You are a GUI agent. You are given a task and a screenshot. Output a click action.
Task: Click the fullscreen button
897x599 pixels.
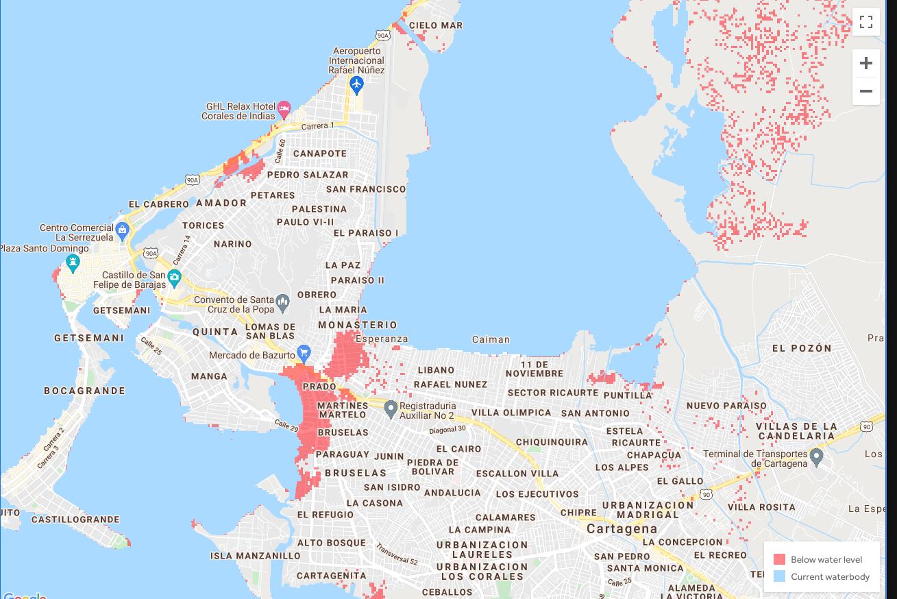point(865,22)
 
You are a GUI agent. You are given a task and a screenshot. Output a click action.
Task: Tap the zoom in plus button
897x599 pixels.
point(865,63)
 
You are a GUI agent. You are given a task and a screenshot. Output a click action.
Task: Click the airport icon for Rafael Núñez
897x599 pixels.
point(356,84)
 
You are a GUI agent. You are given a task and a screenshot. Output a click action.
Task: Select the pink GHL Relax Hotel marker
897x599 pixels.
point(284,108)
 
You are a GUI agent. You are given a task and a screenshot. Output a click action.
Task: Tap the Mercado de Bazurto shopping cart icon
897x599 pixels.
point(304,354)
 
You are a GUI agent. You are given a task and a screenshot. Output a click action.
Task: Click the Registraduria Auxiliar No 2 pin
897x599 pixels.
point(391,409)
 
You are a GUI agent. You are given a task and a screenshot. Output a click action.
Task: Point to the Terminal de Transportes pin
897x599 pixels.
point(815,457)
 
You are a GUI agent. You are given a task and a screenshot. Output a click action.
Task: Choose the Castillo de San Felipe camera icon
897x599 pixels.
point(174,278)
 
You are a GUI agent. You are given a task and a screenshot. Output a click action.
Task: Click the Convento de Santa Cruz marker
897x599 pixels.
point(282,301)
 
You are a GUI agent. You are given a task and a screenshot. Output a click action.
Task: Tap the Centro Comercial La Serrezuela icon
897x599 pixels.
point(122,230)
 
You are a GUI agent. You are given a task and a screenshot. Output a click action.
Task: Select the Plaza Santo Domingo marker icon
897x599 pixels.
point(73,262)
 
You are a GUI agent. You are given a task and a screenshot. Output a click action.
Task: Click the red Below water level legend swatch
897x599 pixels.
point(779,559)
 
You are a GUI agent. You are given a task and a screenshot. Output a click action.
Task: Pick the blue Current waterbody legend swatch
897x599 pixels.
point(779,576)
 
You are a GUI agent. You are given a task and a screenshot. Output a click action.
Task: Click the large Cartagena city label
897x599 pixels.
point(622,529)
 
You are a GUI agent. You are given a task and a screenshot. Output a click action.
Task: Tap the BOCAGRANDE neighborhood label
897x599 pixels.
point(85,391)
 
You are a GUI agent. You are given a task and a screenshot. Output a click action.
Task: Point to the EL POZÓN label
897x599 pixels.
point(802,348)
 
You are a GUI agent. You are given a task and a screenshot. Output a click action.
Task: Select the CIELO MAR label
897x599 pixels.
point(436,25)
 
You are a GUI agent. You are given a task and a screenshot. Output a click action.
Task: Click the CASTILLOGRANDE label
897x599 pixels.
point(75,519)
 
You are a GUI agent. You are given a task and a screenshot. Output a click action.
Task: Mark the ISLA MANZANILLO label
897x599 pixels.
point(255,556)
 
